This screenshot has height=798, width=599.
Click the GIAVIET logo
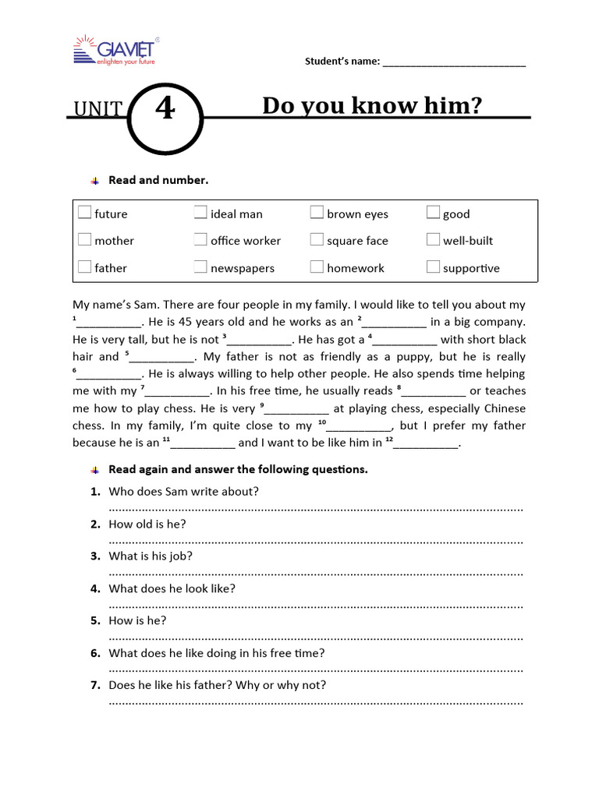(x=116, y=49)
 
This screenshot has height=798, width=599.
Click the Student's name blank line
(x=454, y=62)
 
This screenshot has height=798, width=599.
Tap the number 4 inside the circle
(x=165, y=110)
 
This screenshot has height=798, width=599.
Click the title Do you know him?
(x=372, y=105)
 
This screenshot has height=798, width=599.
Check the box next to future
(x=84, y=213)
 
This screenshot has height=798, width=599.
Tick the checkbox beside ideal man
(x=200, y=213)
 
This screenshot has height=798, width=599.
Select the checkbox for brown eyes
(x=317, y=213)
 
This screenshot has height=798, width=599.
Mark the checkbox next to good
(x=433, y=213)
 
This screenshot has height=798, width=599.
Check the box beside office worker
(x=200, y=240)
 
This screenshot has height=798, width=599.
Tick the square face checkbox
(x=317, y=240)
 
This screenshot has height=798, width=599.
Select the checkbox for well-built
(x=433, y=240)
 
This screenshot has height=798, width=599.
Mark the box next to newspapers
(x=200, y=267)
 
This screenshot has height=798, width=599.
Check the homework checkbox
(x=317, y=267)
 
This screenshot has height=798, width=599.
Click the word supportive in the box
(x=471, y=268)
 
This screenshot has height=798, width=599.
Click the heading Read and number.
(x=158, y=180)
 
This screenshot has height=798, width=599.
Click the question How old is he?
(x=147, y=524)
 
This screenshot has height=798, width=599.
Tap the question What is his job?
(x=151, y=556)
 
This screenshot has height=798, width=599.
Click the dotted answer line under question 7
(x=316, y=701)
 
